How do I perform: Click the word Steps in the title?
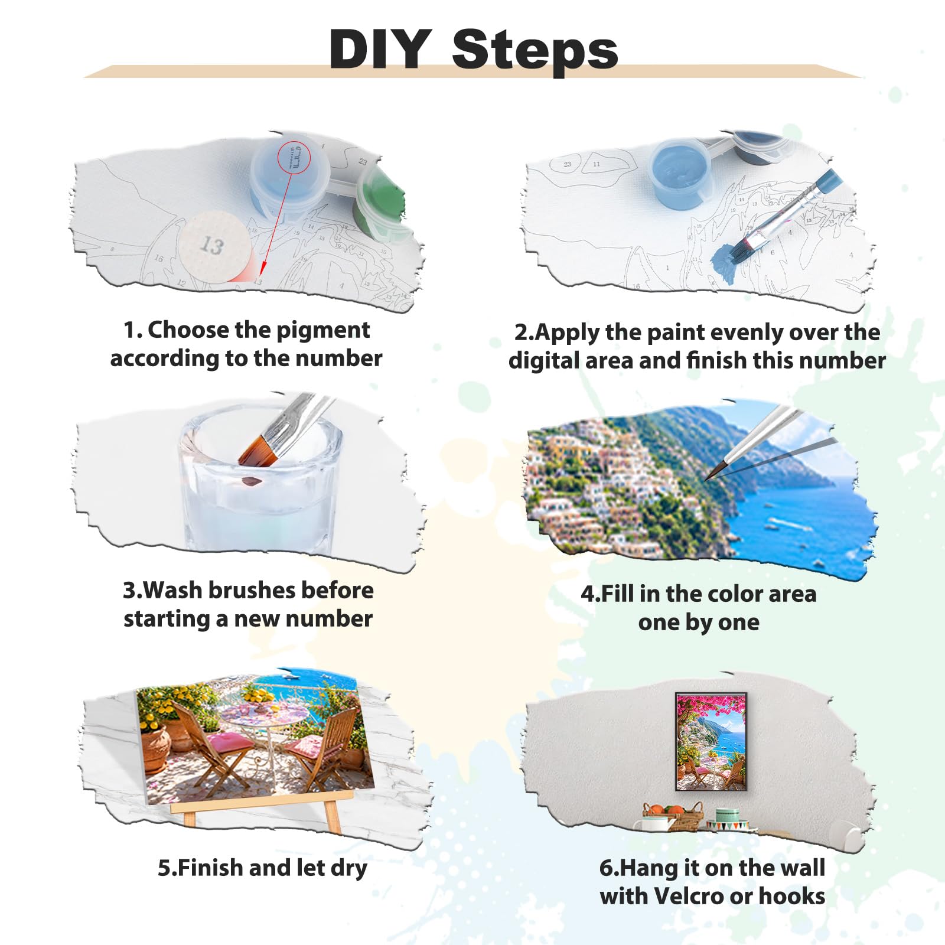tap(535, 53)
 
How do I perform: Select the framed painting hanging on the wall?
tap(711, 741)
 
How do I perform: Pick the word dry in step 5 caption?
tap(349, 869)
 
